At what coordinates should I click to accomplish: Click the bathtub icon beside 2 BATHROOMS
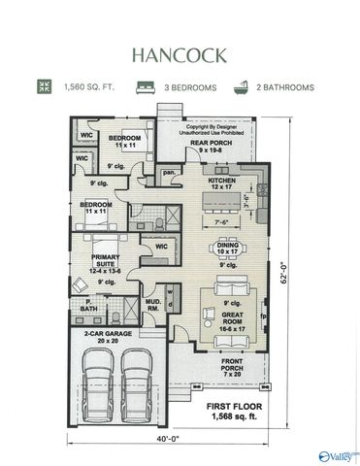pyautogui.click(x=241, y=87)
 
